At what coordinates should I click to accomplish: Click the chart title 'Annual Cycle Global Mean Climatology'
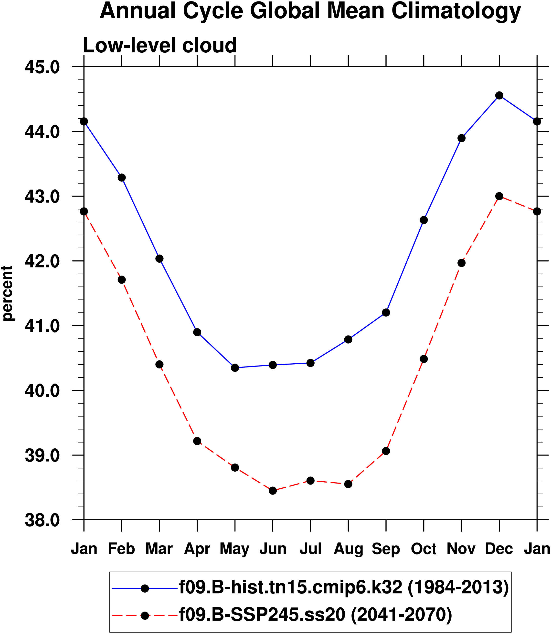[310, 11]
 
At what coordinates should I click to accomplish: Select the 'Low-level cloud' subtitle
[159, 45]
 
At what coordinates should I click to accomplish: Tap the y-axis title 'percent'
[7, 293]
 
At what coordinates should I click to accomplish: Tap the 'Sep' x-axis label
[386, 549]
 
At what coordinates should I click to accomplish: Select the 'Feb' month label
[121, 549]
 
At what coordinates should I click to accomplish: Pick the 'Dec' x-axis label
[499, 549]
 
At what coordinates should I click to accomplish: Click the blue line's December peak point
[499, 96]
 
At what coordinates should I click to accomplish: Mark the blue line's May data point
[235, 367]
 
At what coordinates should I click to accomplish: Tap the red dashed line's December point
[499, 196]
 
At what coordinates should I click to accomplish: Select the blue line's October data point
[424, 220]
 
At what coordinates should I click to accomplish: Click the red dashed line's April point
[197, 441]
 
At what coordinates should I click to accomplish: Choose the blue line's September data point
[386, 313]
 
